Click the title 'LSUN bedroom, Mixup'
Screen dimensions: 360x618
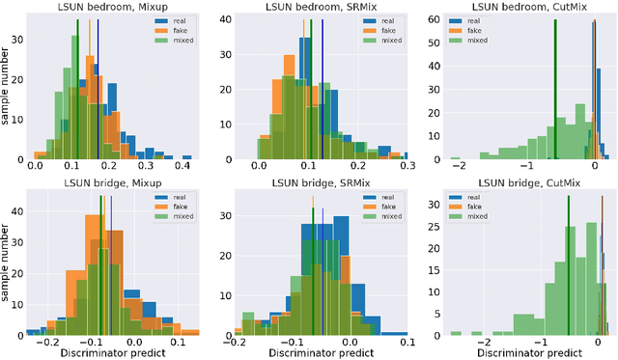tap(114, 7)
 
